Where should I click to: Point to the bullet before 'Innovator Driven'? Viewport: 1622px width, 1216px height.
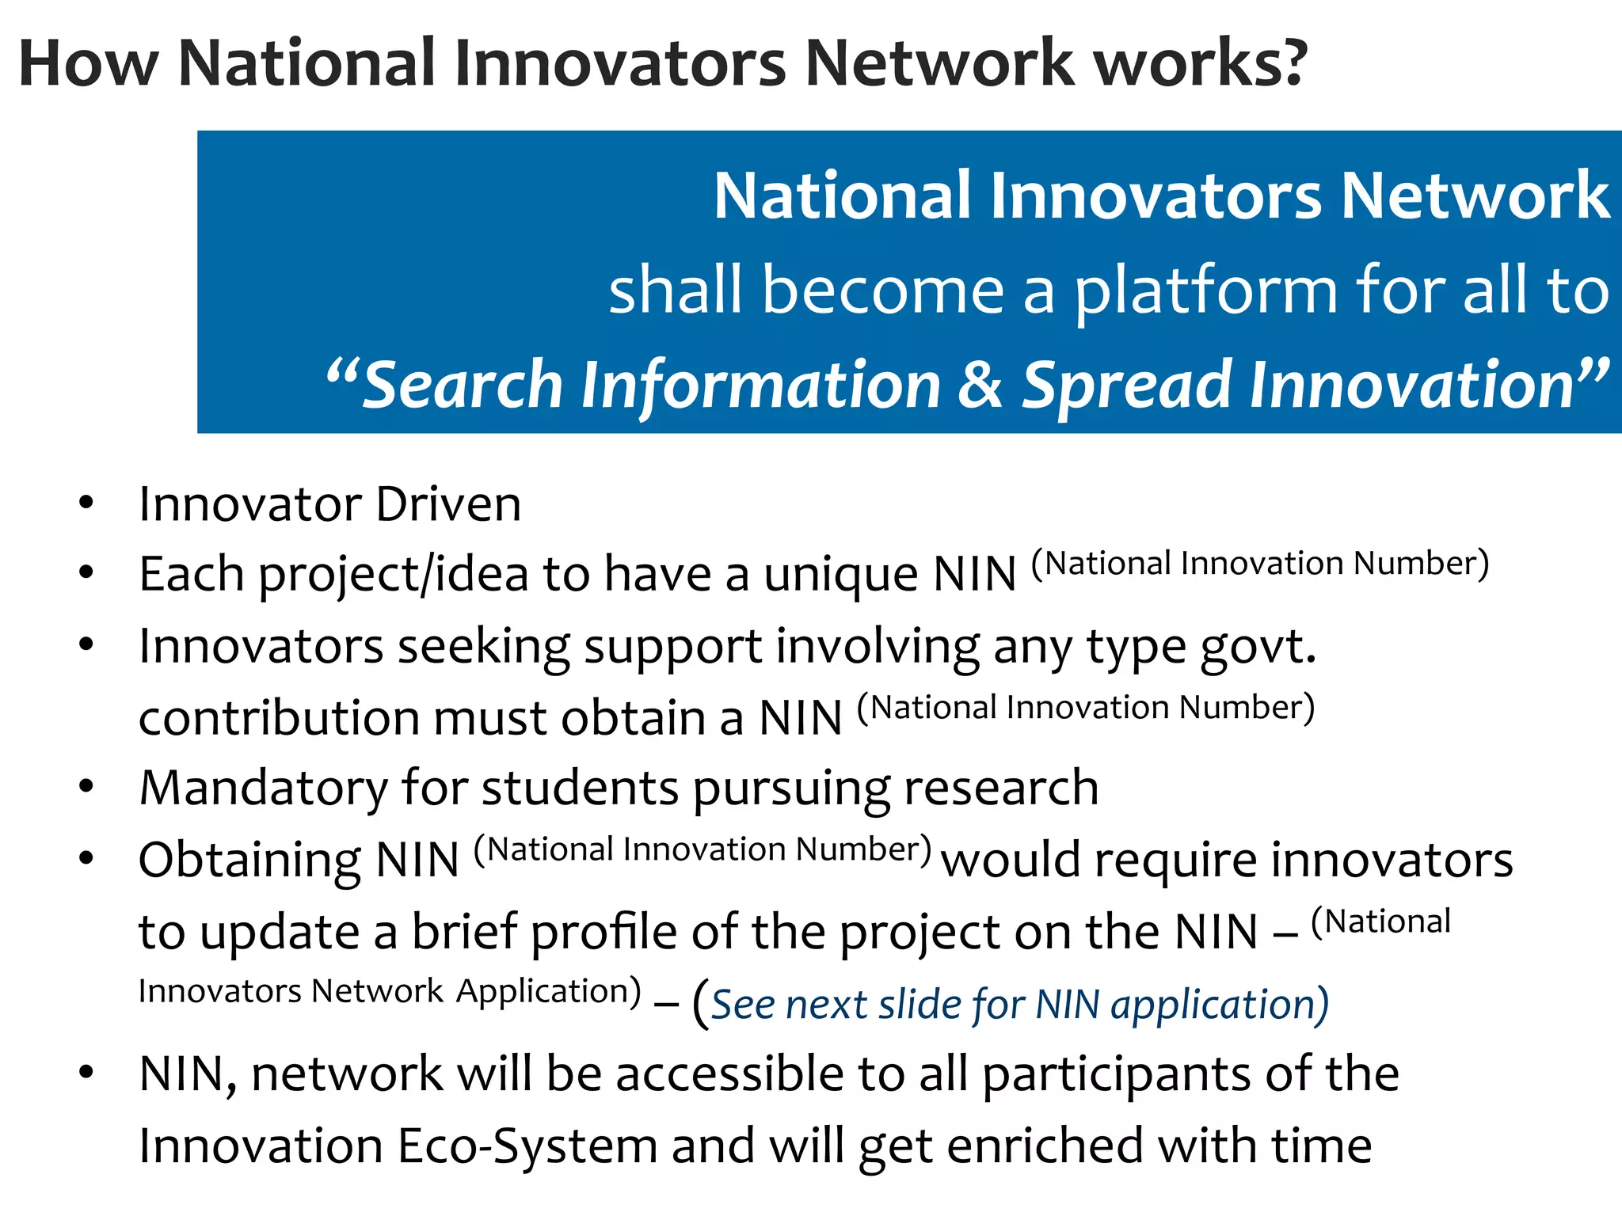[86, 503]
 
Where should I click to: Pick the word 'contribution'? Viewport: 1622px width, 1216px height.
[279, 718]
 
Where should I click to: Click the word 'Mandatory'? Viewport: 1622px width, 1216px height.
[263, 789]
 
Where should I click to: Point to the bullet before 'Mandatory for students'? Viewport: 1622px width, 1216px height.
[86, 786]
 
